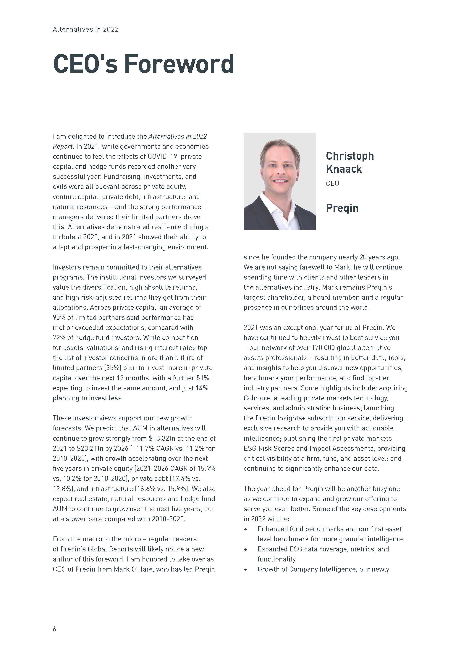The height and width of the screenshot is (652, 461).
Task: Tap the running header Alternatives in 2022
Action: coord(85,29)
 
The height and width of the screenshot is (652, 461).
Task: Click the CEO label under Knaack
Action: coord(332,183)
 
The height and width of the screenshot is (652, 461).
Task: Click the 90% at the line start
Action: coord(59,317)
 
